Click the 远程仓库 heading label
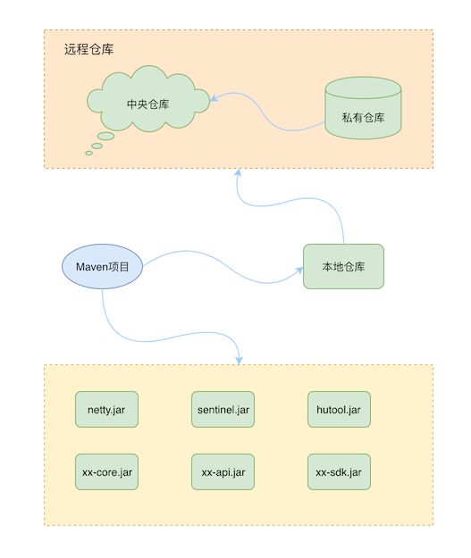[88, 49]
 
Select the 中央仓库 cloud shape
[148, 98]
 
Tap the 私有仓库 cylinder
[363, 108]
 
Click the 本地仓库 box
[343, 266]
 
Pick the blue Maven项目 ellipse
[102, 266]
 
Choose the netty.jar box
[106, 409]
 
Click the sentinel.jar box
[223, 409]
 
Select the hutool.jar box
[340, 409]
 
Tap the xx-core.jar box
[106, 472]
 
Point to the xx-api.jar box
[223, 472]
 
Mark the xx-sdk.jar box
[340, 472]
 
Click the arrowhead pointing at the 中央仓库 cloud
[214, 98]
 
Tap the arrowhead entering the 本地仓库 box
[299, 271]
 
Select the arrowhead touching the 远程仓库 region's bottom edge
[238, 173]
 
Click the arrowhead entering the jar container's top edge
[239, 360]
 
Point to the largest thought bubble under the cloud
[105, 136]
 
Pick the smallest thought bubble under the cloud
[89, 153]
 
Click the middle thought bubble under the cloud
[97, 146]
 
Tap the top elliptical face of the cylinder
[363, 87]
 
